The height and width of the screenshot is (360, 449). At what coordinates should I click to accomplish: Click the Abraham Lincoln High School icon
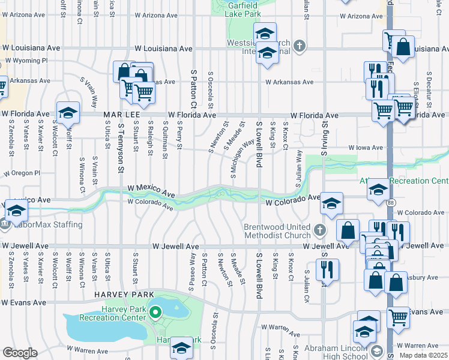point(376,351)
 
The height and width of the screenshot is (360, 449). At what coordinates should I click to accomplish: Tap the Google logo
point(19,353)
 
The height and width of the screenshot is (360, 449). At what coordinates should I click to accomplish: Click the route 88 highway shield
point(391,203)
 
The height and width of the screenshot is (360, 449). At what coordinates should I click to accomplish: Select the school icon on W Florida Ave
point(68,112)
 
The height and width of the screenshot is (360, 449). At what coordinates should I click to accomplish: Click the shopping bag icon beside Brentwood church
point(348,229)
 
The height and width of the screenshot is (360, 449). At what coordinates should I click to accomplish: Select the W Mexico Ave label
point(151,191)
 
